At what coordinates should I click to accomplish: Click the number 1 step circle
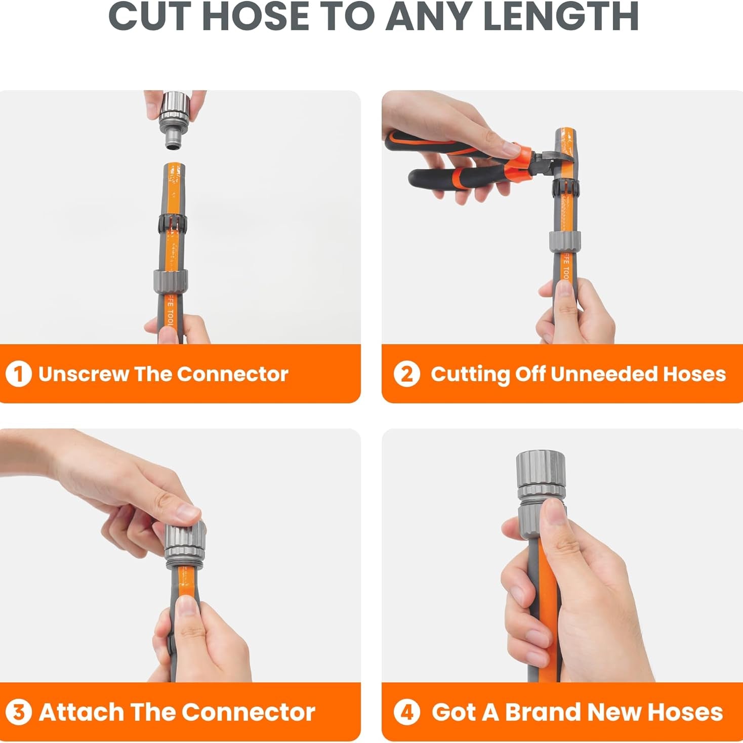18,374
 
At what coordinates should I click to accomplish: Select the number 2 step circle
406,374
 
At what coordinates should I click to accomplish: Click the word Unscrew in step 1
83,374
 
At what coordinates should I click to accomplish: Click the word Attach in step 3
81,712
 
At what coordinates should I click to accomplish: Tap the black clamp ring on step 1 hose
173,224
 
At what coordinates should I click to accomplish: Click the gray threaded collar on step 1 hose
171,280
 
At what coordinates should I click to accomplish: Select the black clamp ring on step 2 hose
566,186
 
